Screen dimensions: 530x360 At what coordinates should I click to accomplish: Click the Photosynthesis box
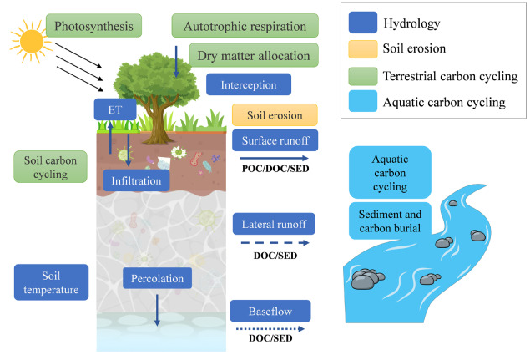coord(93,26)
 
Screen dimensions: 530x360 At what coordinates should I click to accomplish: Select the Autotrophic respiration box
coord(245,26)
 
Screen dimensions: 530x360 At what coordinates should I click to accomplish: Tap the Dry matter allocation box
coord(254,55)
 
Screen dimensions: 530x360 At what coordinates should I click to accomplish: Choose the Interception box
coord(249,84)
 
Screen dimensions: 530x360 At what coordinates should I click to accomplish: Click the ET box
coord(115,109)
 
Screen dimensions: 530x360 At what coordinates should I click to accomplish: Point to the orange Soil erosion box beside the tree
coord(275,115)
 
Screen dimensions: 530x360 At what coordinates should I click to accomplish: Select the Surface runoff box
coord(275,140)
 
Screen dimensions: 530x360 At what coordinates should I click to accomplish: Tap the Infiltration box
coord(136,180)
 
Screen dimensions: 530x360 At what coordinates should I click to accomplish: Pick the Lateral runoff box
coord(274,224)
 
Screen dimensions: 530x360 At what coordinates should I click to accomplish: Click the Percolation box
coord(157,278)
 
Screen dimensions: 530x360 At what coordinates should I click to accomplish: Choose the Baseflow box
coord(270,311)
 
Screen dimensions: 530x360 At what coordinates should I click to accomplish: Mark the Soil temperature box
coord(51,282)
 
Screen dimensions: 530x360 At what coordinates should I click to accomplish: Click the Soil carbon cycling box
coord(50,167)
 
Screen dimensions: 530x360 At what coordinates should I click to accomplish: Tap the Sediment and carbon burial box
coord(390,221)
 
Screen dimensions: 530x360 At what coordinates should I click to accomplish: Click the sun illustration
coord(31,42)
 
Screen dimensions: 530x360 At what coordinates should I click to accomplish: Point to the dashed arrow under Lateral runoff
coord(275,242)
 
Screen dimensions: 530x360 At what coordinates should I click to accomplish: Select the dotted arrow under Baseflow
coord(270,329)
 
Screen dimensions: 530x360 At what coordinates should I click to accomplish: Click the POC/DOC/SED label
coord(275,169)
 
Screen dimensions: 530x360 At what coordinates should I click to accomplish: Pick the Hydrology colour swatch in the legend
coord(363,23)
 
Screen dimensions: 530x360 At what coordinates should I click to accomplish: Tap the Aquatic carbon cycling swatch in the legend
coord(363,101)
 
